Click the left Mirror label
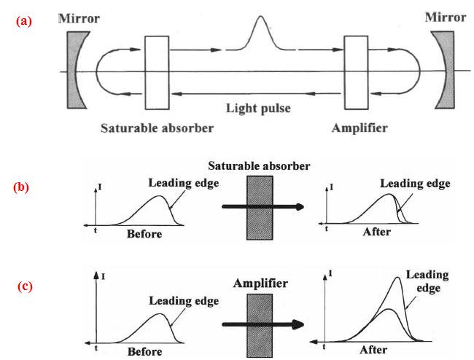point(79,18)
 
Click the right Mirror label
point(446,17)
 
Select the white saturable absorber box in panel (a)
point(157,72)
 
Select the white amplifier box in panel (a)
point(357,72)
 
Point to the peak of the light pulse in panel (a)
point(260,16)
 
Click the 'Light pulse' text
point(258,108)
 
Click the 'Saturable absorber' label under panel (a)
point(158,128)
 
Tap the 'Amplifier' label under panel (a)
point(360,128)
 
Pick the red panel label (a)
point(24,21)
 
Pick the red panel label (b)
point(21,187)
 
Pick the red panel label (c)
point(25,286)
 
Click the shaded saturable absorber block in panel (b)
point(260,208)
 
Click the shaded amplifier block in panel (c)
point(260,325)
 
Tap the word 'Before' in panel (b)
point(144,234)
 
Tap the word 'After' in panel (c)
point(373,350)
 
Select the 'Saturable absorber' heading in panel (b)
point(259,166)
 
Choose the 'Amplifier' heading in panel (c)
point(260,283)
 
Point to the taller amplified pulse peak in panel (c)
point(398,278)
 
